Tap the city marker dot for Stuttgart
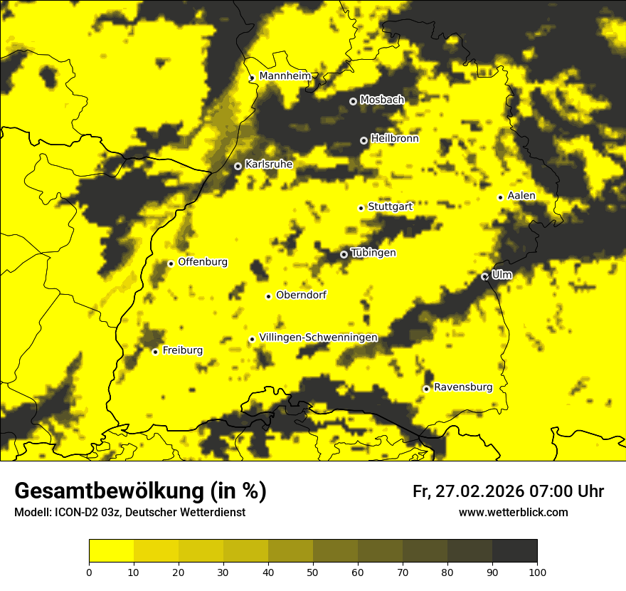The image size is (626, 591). [x=361, y=208]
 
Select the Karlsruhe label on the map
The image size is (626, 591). [x=268, y=164]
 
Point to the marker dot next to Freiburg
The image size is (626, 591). [x=155, y=352]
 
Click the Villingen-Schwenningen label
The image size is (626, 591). [x=318, y=338]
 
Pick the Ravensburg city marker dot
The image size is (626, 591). [x=426, y=389]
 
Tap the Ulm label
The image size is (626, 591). [x=502, y=275]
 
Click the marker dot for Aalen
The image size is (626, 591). [x=500, y=197]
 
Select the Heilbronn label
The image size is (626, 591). [x=394, y=139]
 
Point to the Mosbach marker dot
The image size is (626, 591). [x=353, y=101]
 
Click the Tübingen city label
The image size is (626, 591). [x=373, y=253]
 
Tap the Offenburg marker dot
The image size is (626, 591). [x=171, y=263]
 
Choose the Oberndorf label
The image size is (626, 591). [x=301, y=295]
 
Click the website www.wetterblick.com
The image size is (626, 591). [x=513, y=512]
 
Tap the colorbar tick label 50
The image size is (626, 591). [x=313, y=572]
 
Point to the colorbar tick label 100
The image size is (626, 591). [x=536, y=572]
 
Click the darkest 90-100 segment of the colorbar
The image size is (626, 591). [x=514, y=551]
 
